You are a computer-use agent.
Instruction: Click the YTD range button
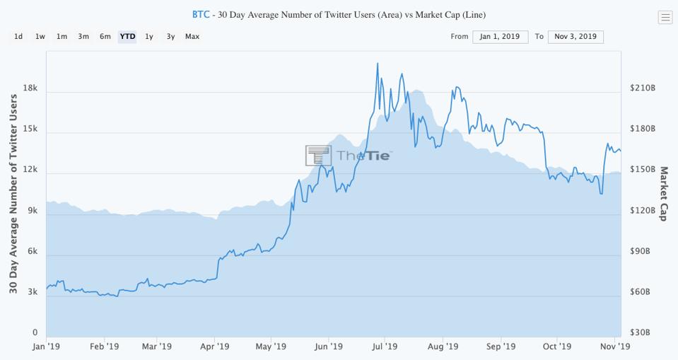[127, 36]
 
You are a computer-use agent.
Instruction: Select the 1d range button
[18, 36]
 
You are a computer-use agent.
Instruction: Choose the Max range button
[192, 36]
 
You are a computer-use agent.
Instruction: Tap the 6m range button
[105, 36]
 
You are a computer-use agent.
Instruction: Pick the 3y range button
[170, 36]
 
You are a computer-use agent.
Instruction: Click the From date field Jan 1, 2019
[500, 37]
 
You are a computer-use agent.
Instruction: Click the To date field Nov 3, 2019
[575, 37]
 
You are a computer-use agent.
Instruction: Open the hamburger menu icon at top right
[665, 18]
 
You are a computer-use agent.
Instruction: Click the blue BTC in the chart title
[201, 14]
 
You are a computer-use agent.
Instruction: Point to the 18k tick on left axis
[30, 89]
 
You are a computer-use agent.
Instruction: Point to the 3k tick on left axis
[32, 292]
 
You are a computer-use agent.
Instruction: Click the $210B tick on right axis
[643, 88]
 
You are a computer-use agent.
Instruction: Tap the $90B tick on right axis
[643, 251]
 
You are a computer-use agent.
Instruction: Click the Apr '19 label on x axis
[214, 347]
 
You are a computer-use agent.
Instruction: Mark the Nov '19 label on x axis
[615, 347]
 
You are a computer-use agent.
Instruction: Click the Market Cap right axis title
[663, 194]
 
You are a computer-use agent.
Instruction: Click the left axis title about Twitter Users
[13, 194]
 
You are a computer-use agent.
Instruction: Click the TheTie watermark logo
[349, 156]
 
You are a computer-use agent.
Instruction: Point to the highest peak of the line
[378, 64]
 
